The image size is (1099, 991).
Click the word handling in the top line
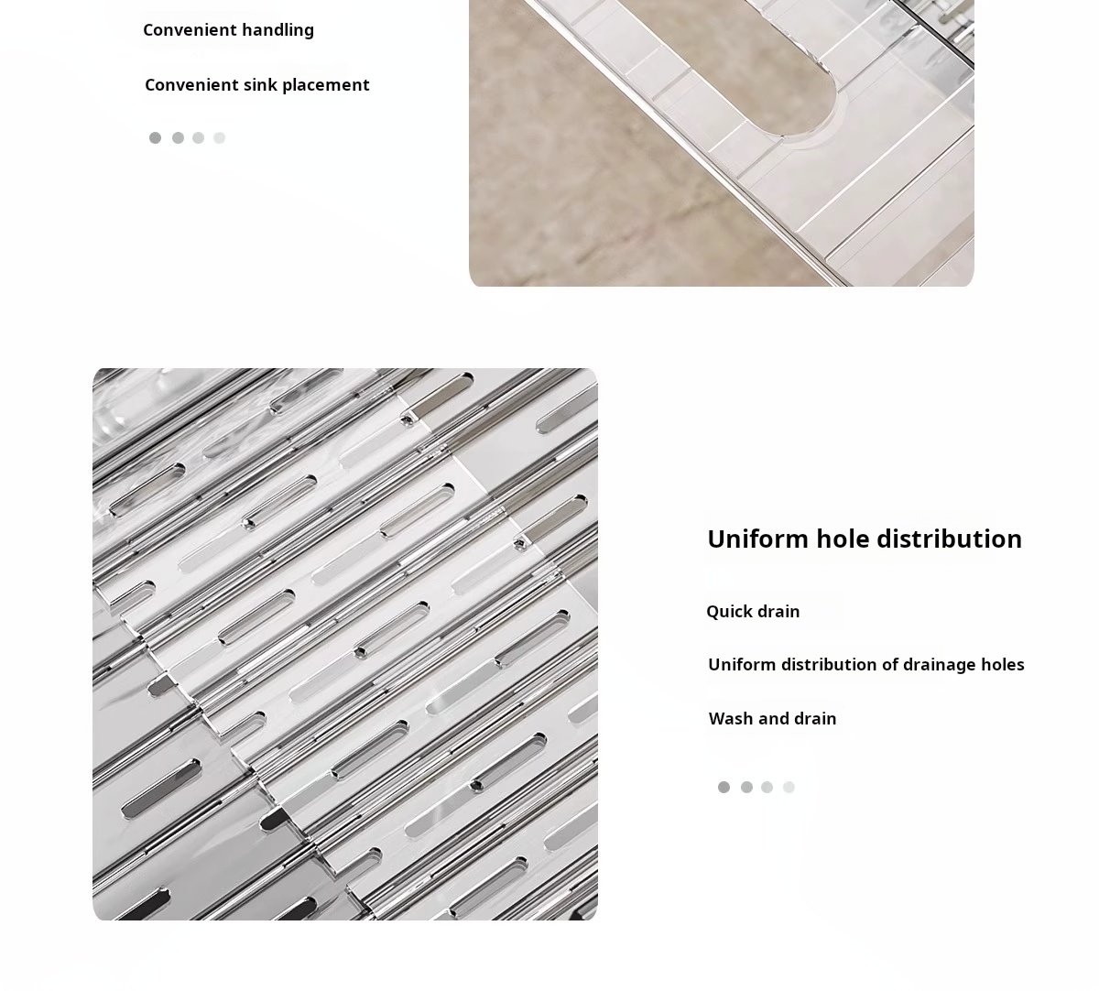[277, 31]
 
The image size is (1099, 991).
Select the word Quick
[729, 612]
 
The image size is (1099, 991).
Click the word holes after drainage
[1003, 665]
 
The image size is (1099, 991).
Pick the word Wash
[729, 719]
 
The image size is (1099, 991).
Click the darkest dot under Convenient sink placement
[155, 138]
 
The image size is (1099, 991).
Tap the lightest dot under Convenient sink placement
[219, 138]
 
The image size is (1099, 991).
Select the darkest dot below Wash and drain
[724, 787]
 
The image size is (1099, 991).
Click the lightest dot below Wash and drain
[789, 787]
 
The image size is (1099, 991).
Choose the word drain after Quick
[778, 612]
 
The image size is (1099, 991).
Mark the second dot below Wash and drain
[746, 787]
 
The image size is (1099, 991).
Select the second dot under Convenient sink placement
[178, 138]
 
